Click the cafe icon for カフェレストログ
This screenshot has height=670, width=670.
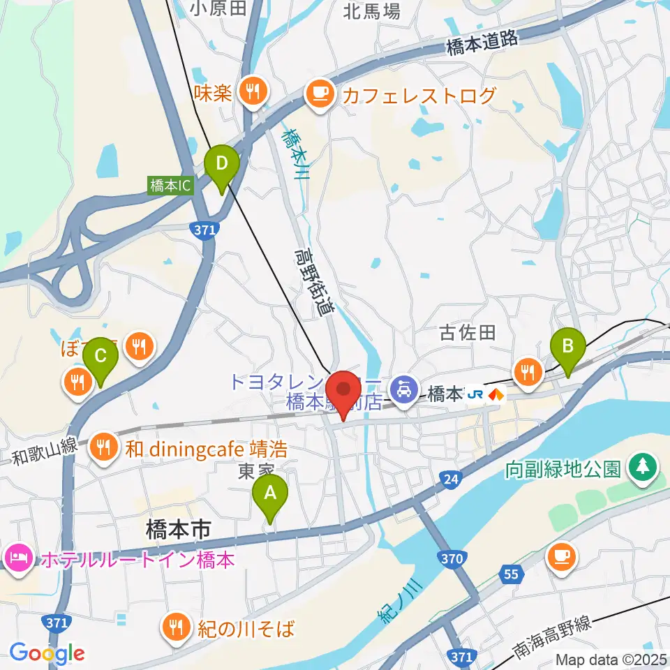point(320,93)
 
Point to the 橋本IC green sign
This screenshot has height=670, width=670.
point(170,186)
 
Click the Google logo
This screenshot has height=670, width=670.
point(47,653)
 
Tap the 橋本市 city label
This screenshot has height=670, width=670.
point(178,531)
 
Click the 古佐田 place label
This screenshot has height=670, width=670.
point(468,332)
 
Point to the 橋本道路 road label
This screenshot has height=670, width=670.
point(483,43)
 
